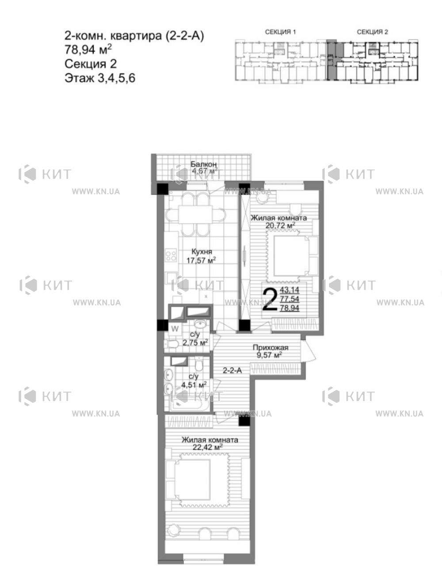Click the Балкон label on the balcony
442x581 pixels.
(203, 164)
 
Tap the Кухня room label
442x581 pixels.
(202, 252)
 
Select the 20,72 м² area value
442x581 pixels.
(280, 225)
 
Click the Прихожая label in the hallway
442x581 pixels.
(271, 348)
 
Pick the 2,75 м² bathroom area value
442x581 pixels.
(195, 343)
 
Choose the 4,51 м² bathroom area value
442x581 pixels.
(194, 385)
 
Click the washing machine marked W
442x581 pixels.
(175, 329)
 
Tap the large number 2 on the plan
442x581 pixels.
(270, 300)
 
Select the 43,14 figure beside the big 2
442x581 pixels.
(290, 290)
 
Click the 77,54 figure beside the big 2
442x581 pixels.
(290, 299)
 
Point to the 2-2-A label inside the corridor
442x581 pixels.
(232, 371)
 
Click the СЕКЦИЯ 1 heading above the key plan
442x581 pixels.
(280, 32)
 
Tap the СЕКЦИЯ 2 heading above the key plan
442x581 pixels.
(373, 32)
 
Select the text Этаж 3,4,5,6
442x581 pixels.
(100, 78)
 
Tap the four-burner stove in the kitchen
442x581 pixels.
(171, 255)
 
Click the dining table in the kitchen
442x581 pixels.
(195, 214)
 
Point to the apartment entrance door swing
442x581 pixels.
(309, 351)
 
